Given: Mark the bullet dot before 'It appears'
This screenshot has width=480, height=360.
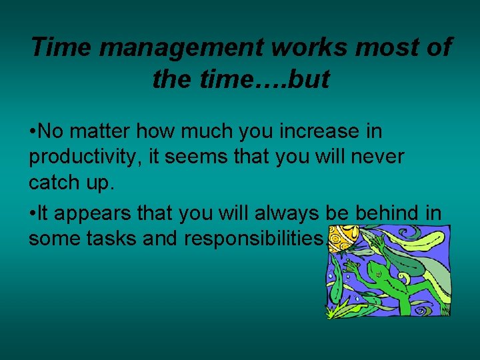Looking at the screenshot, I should pos(33,215).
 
